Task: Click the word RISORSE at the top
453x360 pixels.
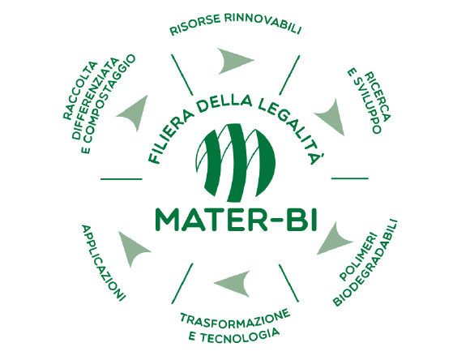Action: pyautogui.click(x=195, y=24)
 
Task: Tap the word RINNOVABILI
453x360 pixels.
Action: pyautogui.click(x=263, y=24)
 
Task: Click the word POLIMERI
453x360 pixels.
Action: pyautogui.click(x=358, y=256)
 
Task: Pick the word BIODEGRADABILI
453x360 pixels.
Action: pyautogui.click(x=365, y=263)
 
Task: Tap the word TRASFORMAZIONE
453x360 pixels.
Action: pyautogui.click(x=235, y=319)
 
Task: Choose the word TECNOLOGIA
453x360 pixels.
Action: pyautogui.click(x=240, y=336)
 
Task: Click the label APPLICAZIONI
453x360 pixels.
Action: pyautogui.click(x=104, y=263)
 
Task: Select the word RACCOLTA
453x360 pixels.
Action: pyautogui.click(x=80, y=90)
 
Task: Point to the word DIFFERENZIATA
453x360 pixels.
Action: pyautogui.click(x=95, y=98)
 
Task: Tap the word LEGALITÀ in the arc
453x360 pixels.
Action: pyautogui.click(x=292, y=127)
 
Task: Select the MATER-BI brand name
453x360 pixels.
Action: pyautogui.click(x=236, y=220)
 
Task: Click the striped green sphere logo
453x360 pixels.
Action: pyautogui.click(x=236, y=163)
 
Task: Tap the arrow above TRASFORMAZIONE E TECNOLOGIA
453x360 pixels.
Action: pyautogui.click(x=234, y=283)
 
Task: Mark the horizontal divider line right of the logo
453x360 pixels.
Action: pyautogui.click(x=350, y=178)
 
